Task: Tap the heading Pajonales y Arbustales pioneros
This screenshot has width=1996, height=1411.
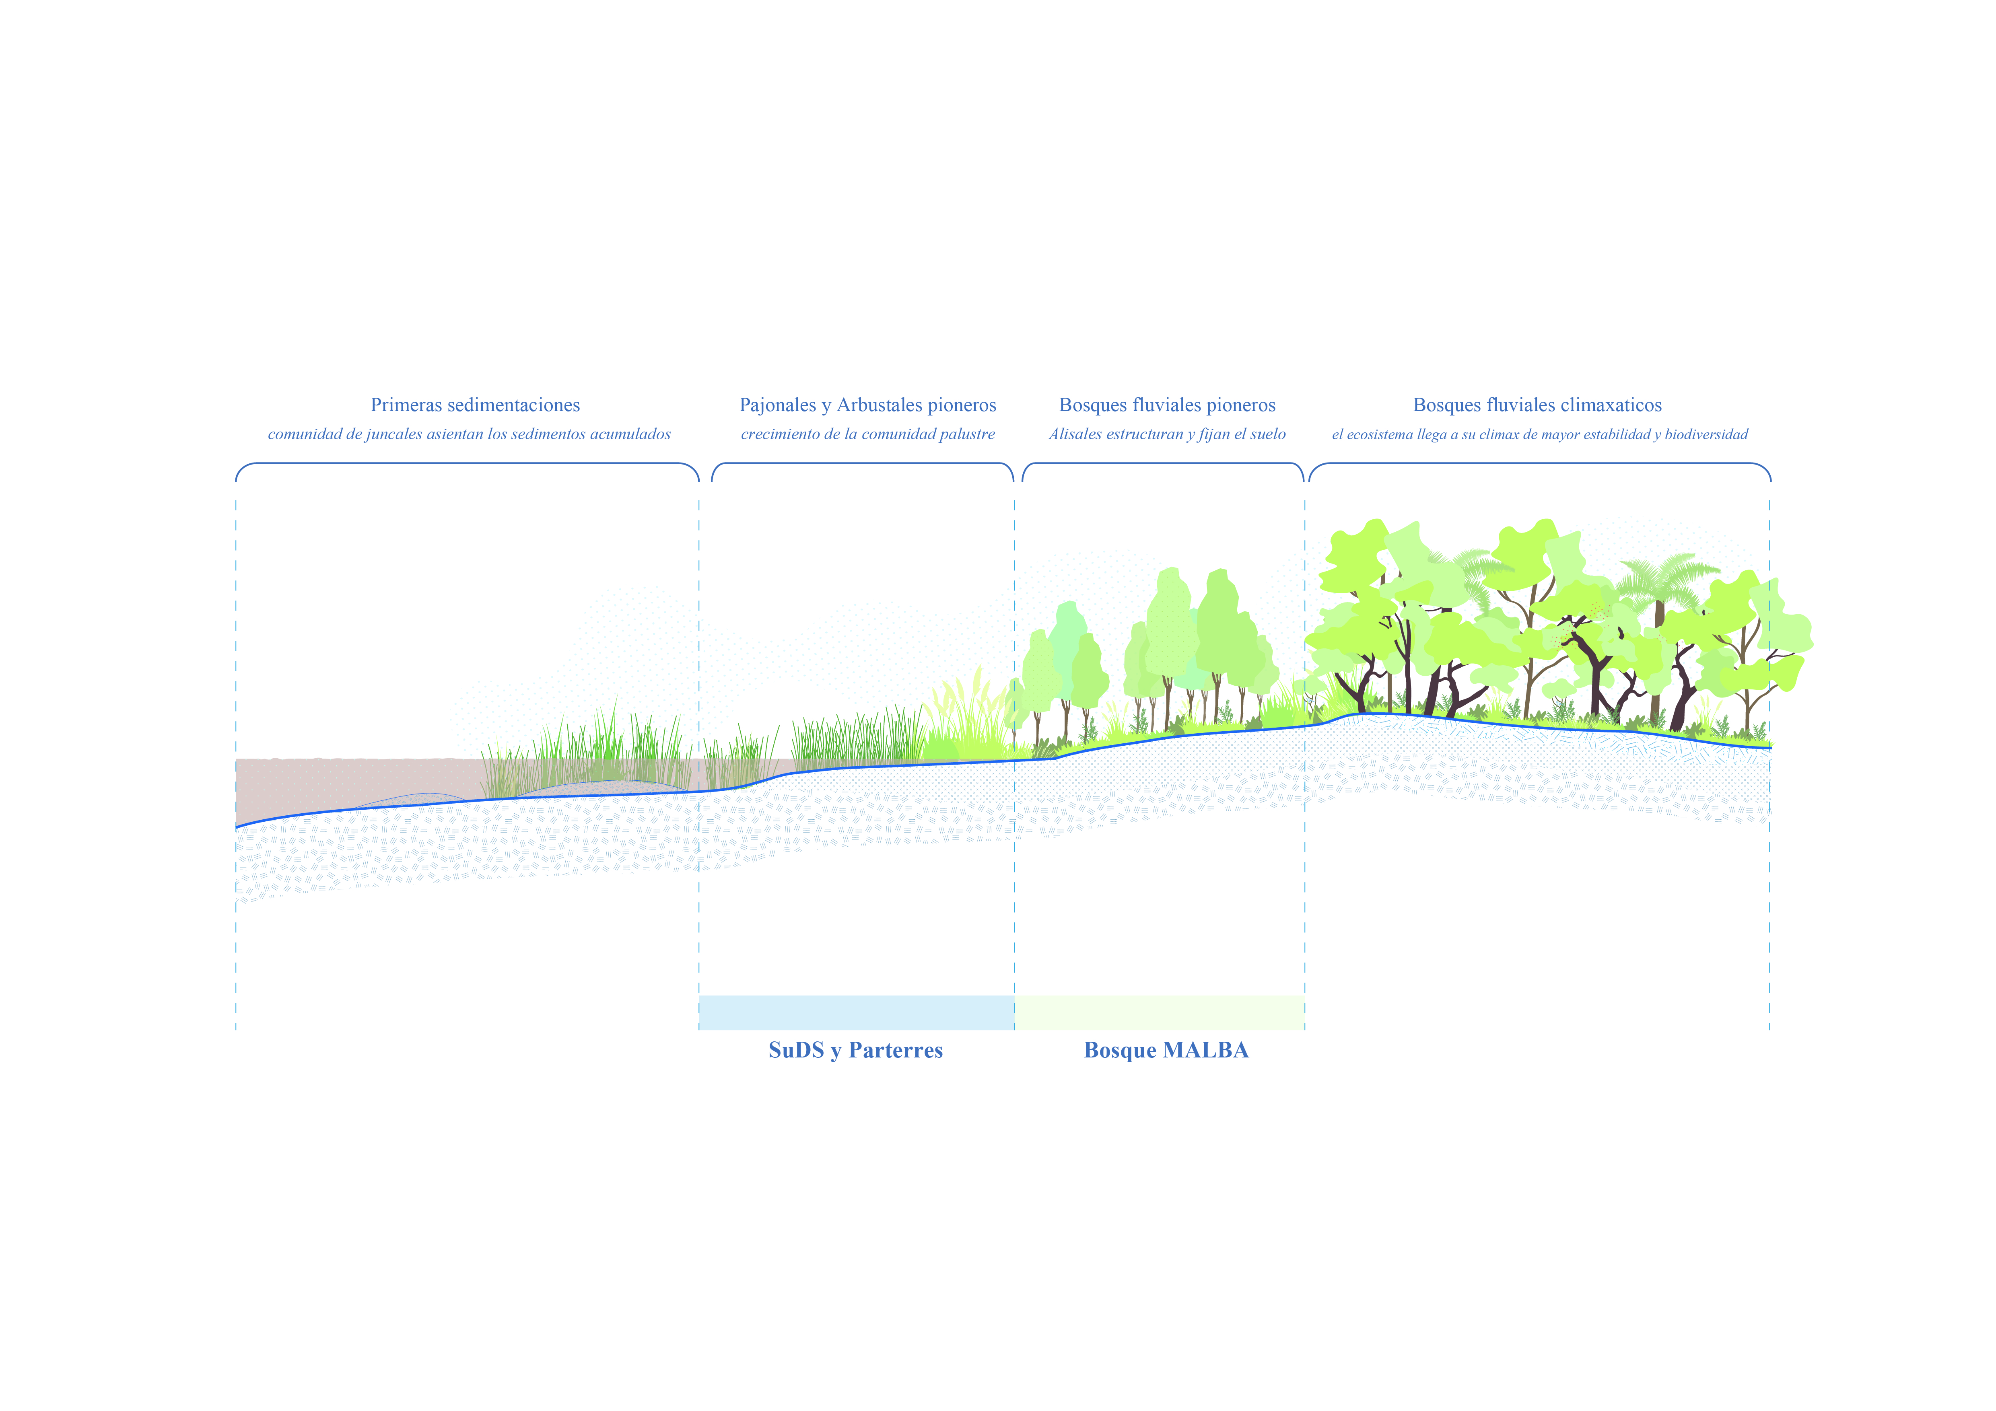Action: [867, 405]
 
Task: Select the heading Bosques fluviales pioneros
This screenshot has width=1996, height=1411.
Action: [1167, 405]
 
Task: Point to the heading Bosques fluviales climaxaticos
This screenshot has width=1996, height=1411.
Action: [1537, 405]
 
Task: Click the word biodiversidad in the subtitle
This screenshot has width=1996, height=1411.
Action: [1706, 434]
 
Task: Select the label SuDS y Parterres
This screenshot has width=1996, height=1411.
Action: [855, 1051]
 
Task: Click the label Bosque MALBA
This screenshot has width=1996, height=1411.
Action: [1166, 1051]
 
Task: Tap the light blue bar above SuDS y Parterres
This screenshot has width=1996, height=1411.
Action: [856, 1012]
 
